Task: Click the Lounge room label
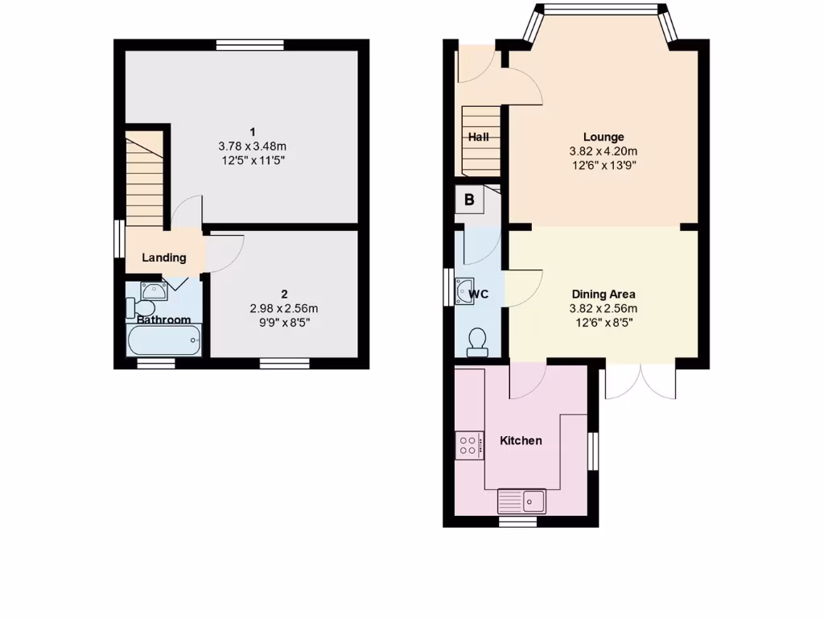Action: click(x=604, y=137)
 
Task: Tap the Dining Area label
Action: click(x=604, y=294)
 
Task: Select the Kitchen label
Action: click(x=521, y=440)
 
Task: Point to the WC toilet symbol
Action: click(x=476, y=341)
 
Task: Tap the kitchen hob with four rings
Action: click(x=469, y=445)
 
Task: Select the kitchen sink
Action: click(x=522, y=501)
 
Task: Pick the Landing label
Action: click(x=164, y=257)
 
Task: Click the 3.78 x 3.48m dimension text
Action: click(x=253, y=146)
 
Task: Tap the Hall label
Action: click(x=479, y=137)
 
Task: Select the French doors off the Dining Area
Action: click(x=641, y=383)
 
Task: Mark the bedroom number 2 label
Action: click(x=284, y=294)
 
